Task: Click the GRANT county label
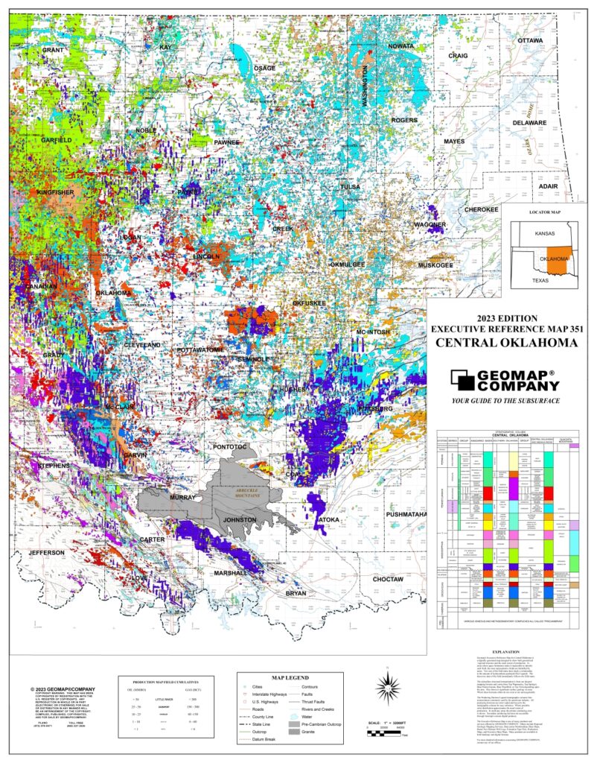pyautogui.click(x=53, y=50)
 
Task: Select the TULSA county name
pyautogui.click(x=350, y=187)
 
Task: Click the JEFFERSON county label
pyautogui.click(x=48, y=553)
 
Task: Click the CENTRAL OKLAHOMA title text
pyautogui.click(x=505, y=343)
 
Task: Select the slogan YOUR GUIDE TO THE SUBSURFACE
pyautogui.click(x=506, y=401)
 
